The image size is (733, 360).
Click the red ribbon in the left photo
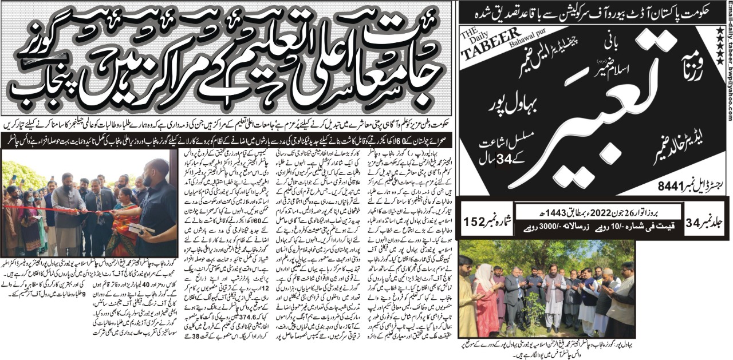(x=57, y=209)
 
